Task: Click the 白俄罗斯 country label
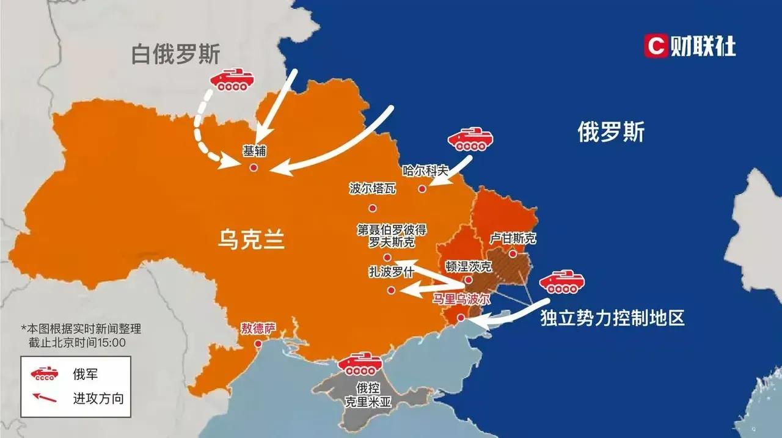coord(176,54)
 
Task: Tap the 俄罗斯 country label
coord(610,131)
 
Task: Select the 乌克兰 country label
coord(251,239)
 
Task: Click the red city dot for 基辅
coord(254,167)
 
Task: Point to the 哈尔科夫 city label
coord(426,171)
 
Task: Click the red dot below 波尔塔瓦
coord(373,208)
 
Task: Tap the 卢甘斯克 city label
coord(513,238)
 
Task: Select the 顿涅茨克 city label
coord(468,266)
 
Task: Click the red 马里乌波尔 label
coord(461,299)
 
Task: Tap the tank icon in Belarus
coord(231,80)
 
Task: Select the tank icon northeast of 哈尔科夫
coord(470,139)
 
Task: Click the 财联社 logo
coord(690,46)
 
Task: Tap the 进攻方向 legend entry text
coord(98,399)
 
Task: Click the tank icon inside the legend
coord(45,373)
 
